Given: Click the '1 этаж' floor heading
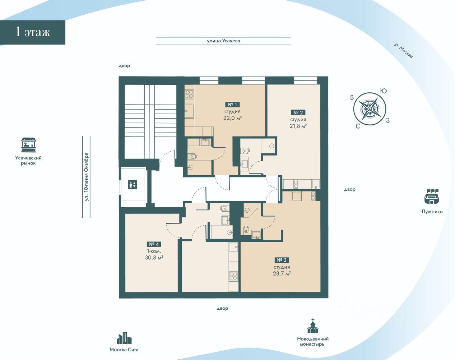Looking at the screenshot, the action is [33, 32].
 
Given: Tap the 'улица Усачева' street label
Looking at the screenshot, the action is [223, 41].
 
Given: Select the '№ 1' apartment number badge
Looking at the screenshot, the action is [232, 105].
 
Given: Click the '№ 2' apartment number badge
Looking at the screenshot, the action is [298, 112].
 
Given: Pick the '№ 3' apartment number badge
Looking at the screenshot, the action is [282, 260].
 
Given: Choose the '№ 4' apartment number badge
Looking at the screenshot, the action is [154, 244].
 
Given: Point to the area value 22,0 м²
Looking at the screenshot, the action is [232, 118].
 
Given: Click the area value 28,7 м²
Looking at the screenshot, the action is [282, 273].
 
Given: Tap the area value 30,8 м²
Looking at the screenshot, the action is [154, 258].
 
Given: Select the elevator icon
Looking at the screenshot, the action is [133, 184].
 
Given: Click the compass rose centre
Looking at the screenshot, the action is [370, 109].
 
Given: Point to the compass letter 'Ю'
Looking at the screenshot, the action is [384, 91].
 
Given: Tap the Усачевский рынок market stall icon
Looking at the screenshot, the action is [28, 145].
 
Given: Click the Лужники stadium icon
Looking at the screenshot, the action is [432, 197].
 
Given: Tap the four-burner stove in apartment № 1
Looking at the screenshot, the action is [189, 94].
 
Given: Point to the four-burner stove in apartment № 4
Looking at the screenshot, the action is [234, 276].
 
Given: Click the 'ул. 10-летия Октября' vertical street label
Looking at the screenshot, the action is [86, 177].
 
